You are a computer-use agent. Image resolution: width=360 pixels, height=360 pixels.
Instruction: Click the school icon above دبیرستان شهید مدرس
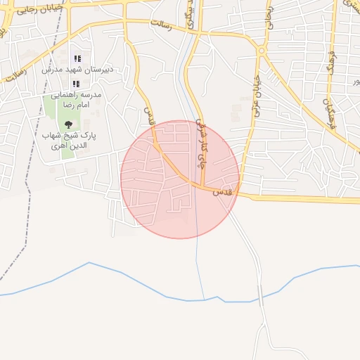click(77, 58)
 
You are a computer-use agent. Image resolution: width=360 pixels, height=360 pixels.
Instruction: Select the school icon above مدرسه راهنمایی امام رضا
click(76, 84)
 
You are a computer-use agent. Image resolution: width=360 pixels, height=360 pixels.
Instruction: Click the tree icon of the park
click(68, 124)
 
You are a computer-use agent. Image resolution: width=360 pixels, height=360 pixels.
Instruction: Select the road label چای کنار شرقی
click(202, 141)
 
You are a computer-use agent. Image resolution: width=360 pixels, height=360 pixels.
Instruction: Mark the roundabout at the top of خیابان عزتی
click(261, 51)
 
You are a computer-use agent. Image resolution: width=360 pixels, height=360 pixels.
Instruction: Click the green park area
click(53, 112)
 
